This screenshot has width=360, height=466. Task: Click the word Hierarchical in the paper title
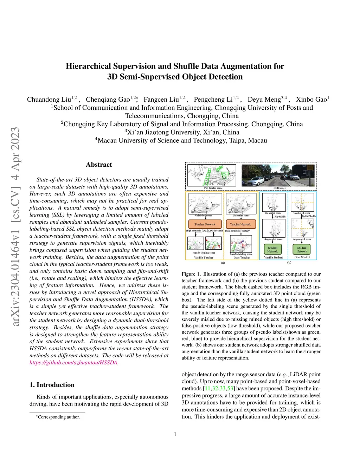88,66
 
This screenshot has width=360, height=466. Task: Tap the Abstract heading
99,165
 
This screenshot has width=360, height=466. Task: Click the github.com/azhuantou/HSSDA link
73,363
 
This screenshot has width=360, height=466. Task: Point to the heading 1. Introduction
52,385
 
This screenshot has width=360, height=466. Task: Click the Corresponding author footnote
58,417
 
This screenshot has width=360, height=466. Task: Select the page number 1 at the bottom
175,434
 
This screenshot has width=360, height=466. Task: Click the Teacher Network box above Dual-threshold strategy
240,224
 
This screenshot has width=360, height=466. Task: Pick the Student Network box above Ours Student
302,250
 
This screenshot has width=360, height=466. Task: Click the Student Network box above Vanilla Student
272,250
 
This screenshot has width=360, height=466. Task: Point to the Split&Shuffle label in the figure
309,216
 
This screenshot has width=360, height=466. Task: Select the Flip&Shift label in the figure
280,217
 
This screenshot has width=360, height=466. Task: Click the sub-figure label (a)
223,263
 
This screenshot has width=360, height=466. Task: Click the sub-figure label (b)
289,263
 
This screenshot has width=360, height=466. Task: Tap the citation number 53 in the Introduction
230,389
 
